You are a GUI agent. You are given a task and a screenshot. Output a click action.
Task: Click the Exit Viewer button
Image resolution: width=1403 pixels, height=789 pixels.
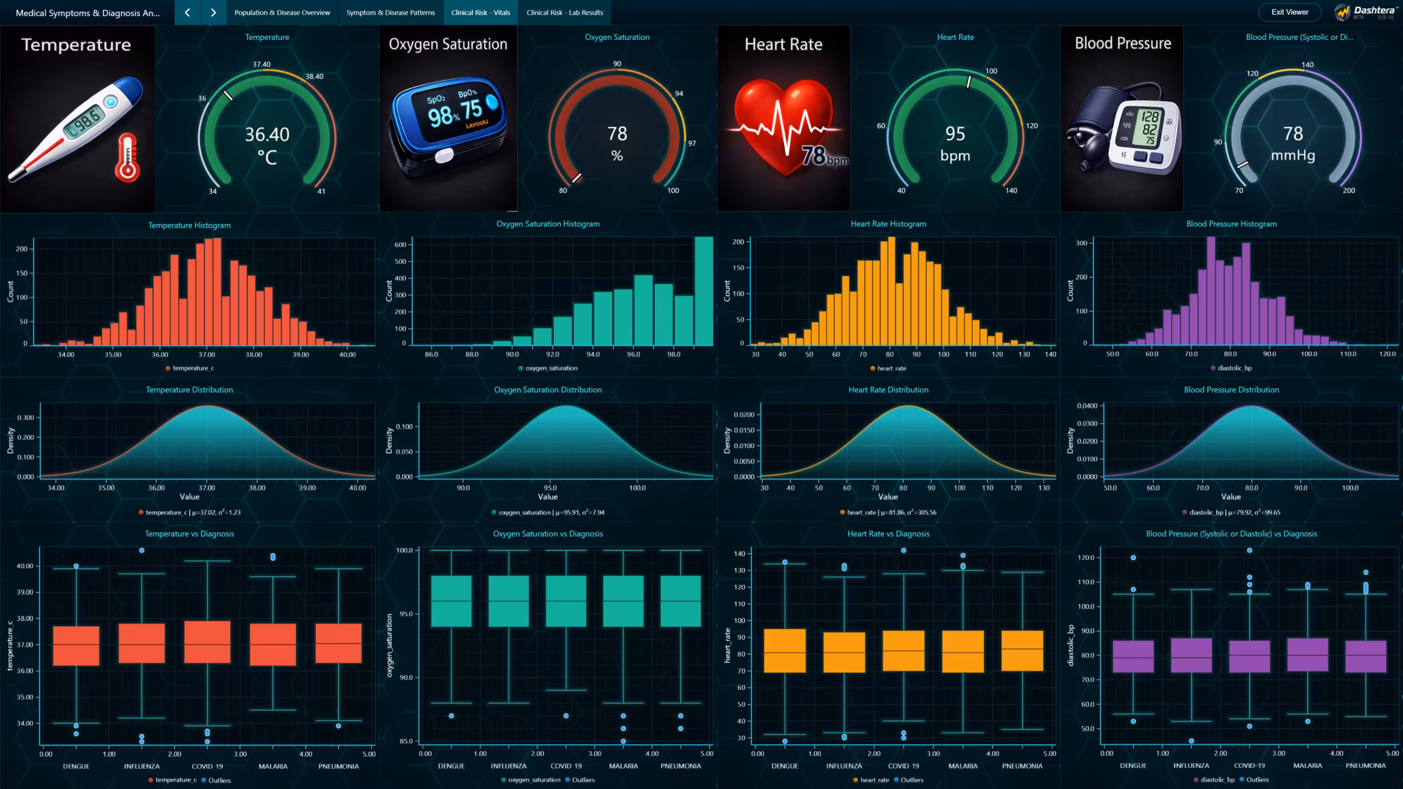(x=1290, y=12)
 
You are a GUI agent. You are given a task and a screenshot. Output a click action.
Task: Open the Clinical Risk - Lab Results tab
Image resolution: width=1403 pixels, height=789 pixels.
(x=564, y=13)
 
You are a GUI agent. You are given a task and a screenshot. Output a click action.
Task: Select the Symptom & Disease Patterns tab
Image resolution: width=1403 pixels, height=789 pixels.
(x=390, y=13)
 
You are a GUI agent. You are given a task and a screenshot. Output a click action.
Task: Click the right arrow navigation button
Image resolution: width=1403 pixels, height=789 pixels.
(x=213, y=13)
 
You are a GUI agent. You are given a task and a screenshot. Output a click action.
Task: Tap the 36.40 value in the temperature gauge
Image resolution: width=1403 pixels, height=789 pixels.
(x=267, y=134)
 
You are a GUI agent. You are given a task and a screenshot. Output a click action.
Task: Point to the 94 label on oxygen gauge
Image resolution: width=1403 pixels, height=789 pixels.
(x=678, y=94)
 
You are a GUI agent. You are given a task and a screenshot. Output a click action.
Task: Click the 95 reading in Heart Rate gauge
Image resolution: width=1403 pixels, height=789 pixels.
(x=955, y=134)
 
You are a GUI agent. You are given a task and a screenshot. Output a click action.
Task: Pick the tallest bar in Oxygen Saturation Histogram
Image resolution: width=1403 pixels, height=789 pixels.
(x=704, y=290)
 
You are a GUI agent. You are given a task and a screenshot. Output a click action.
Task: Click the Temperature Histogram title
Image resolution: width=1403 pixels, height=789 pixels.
(x=189, y=225)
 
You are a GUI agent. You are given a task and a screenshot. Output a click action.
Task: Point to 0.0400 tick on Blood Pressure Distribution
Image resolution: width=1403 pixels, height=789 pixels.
(x=1087, y=406)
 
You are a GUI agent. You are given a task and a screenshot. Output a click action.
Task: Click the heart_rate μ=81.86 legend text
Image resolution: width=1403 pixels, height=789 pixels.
(x=891, y=512)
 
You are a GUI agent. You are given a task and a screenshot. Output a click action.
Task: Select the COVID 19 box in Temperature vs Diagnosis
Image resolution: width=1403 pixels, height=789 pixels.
(x=207, y=642)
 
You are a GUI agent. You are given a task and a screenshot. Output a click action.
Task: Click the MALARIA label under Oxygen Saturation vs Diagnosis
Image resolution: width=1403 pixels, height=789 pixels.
(x=623, y=766)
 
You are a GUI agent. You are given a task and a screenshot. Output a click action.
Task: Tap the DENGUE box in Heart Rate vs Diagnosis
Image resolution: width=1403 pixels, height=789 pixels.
(x=784, y=650)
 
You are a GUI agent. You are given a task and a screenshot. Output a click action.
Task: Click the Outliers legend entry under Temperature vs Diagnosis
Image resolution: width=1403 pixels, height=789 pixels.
(x=219, y=780)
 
